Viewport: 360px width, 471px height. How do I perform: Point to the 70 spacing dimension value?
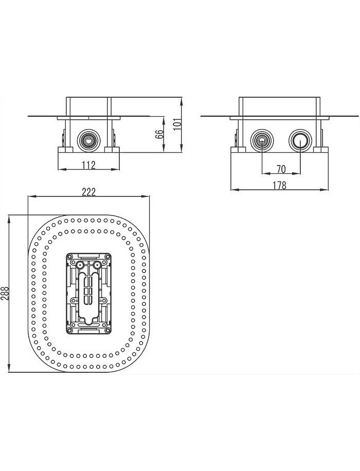coord(280,168)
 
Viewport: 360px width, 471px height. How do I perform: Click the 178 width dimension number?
coord(279,185)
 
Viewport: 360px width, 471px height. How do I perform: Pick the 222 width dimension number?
coord(89,191)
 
